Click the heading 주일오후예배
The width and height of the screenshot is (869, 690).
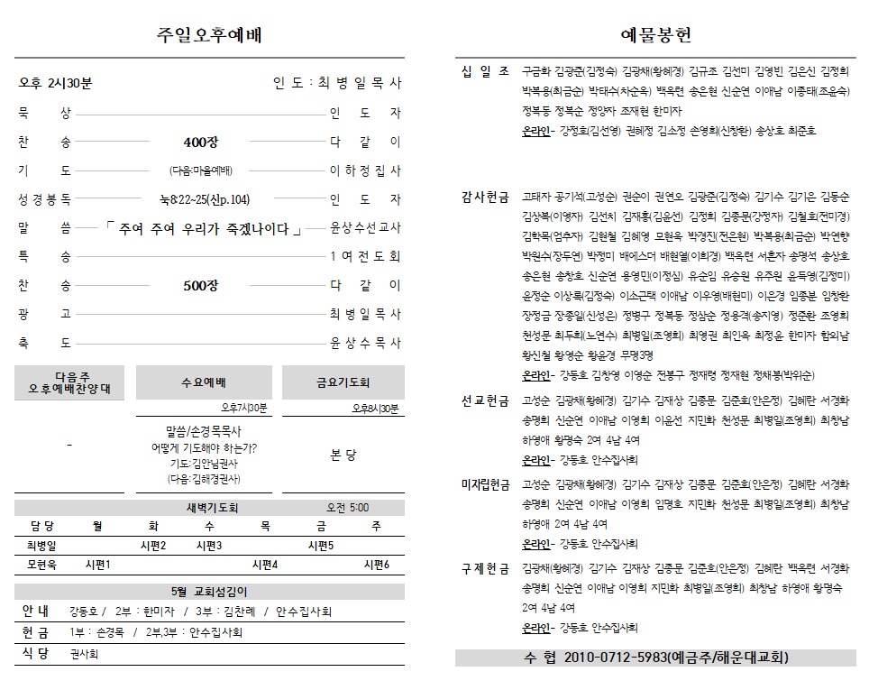[x=209, y=35]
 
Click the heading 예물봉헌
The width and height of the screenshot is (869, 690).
[x=656, y=35]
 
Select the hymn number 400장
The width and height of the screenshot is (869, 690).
[x=200, y=142]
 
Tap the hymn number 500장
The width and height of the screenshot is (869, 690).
[x=200, y=285]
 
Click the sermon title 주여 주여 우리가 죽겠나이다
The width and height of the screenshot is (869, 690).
[x=203, y=228]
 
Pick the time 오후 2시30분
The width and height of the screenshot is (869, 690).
[x=56, y=84]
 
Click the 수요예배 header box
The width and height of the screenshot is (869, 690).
[x=206, y=382]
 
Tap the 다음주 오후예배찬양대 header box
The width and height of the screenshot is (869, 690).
[x=70, y=382]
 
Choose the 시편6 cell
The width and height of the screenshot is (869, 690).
[x=376, y=565]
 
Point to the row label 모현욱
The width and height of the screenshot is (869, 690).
[x=41, y=565]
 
